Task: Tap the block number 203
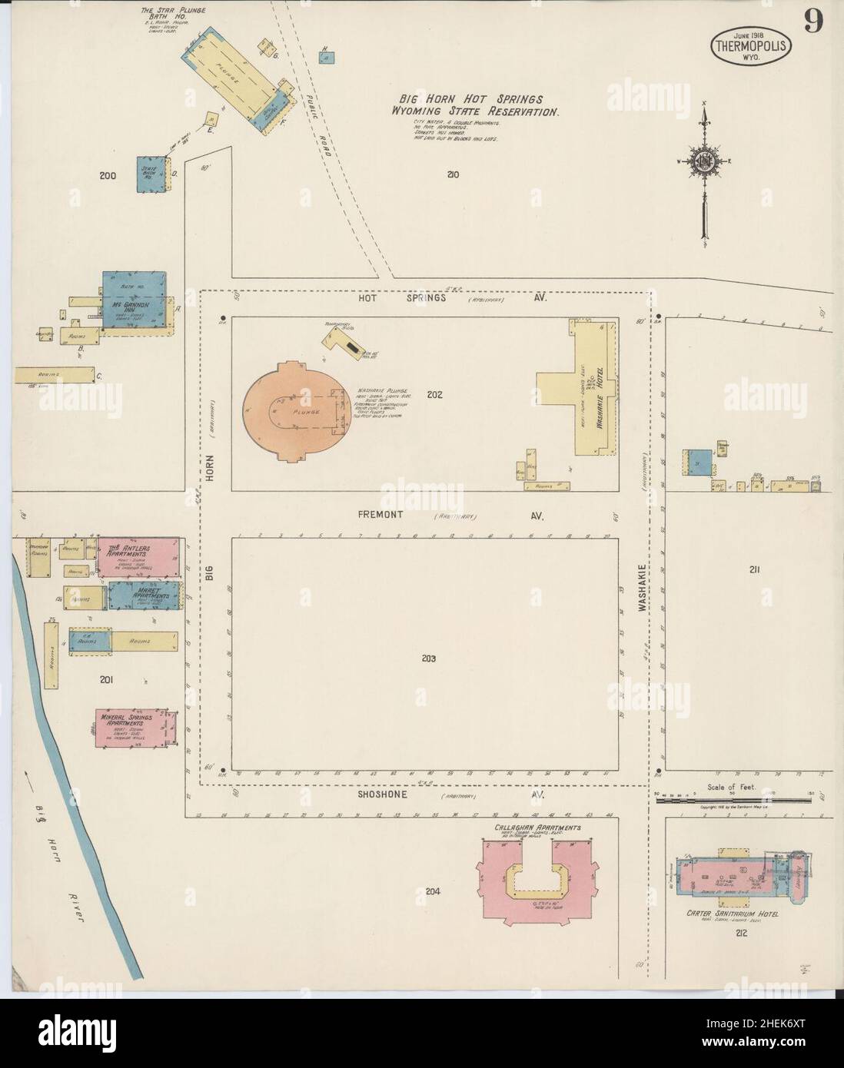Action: (x=429, y=658)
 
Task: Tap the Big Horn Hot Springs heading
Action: (x=470, y=99)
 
